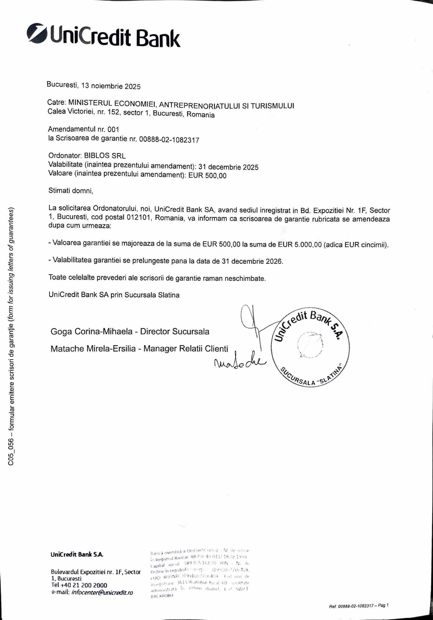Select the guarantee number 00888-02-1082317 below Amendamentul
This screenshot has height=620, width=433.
pyautogui.click(x=169, y=140)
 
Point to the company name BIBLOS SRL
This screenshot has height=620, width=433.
pyautogui.click(x=105, y=156)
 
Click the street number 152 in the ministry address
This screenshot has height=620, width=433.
pyautogui.click(x=114, y=112)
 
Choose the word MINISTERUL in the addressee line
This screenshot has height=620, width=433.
pyautogui.click(x=90, y=103)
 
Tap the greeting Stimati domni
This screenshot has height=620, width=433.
pyautogui.click(x=71, y=191)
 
